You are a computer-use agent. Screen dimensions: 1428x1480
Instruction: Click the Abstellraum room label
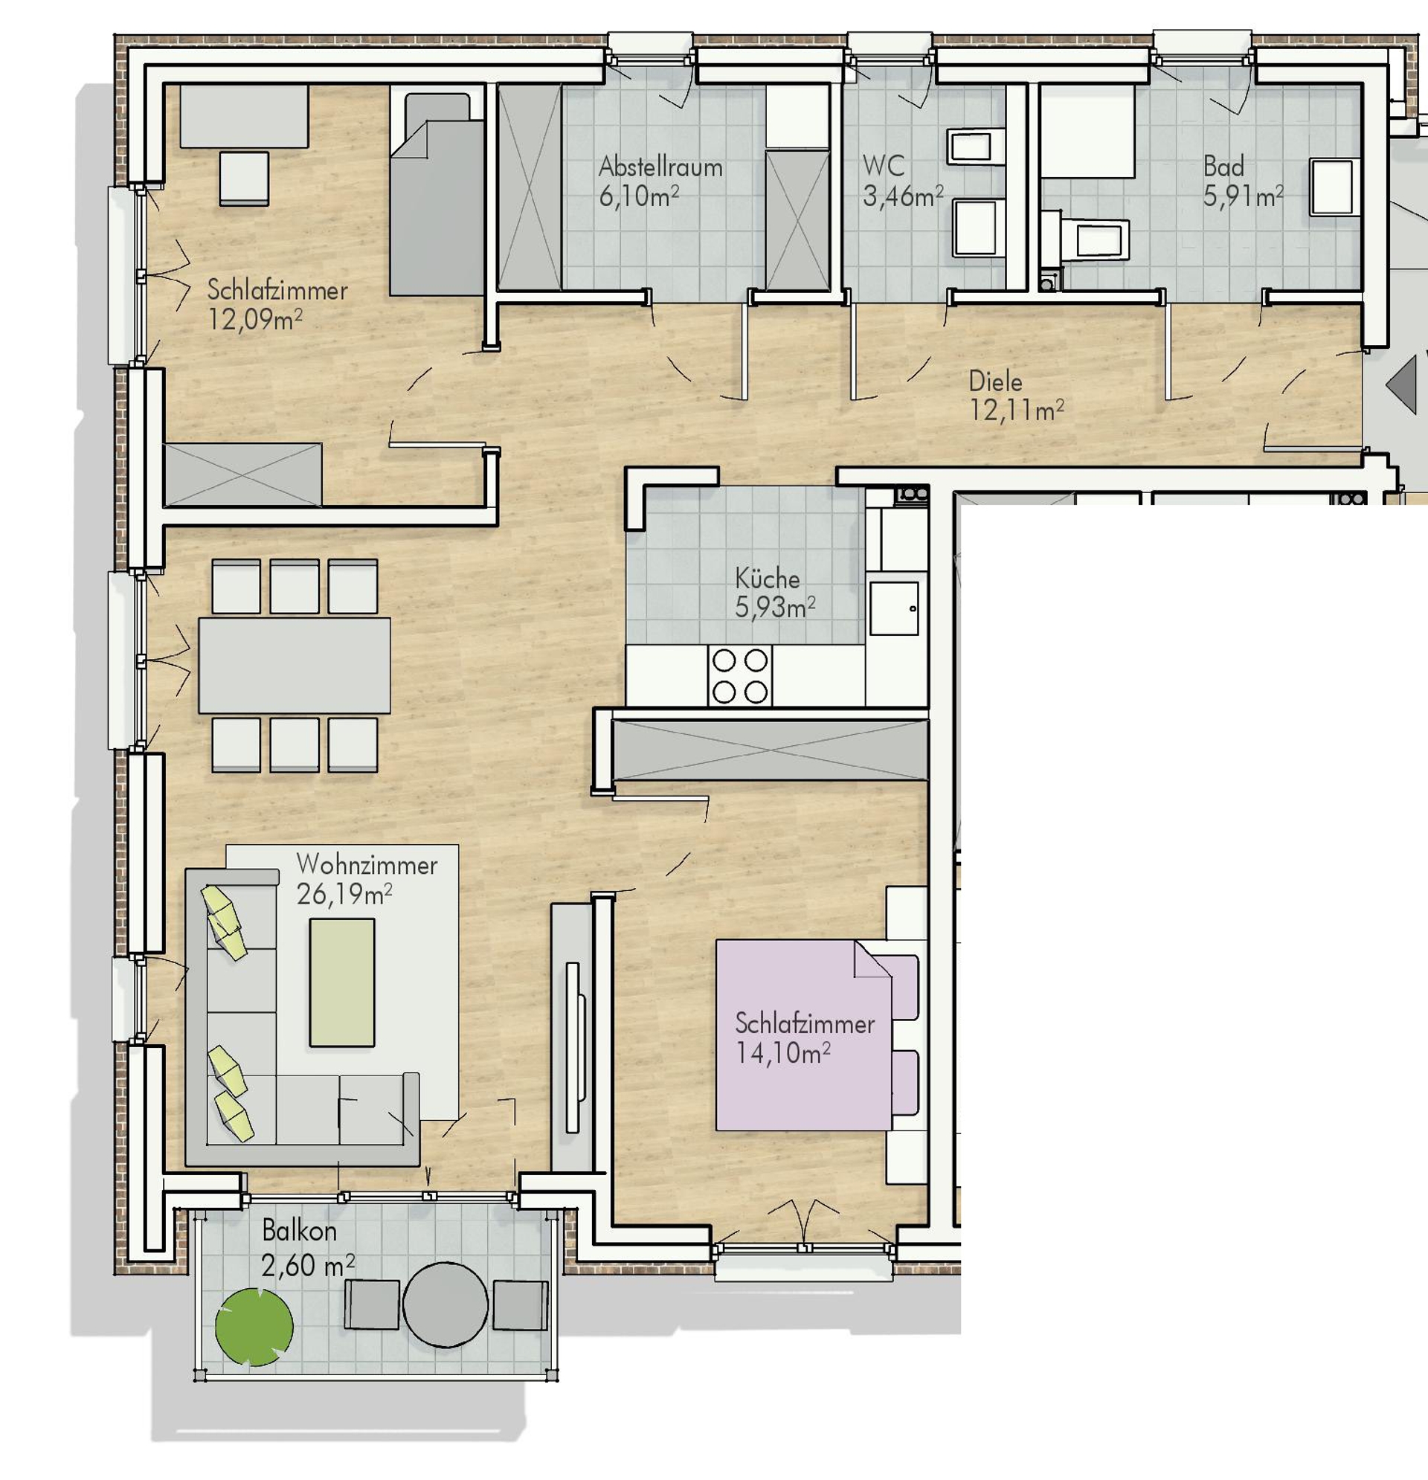660,167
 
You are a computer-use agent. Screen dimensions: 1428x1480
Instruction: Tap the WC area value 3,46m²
903,196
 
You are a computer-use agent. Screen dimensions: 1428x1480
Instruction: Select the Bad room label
1223,166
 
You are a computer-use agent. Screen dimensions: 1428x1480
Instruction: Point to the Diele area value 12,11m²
1017,411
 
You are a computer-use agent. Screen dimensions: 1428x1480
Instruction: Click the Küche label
768,579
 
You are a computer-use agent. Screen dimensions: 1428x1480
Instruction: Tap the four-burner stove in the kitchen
740,676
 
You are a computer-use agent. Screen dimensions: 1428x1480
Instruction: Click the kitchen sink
894,608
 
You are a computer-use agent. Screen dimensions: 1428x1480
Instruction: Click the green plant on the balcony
254,1327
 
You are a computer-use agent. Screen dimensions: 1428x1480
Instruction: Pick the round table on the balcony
446,1304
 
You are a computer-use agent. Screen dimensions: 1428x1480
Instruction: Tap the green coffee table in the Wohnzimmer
342,982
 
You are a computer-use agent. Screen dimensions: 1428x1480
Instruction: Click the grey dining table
295,665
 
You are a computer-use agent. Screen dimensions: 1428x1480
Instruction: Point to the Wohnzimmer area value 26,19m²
344,895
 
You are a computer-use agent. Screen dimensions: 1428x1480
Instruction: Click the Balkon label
299,1231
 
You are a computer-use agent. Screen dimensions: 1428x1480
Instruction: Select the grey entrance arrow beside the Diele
1401,385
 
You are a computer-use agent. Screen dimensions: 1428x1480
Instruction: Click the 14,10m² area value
783,1053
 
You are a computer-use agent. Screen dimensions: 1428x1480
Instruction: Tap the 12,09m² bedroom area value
255,319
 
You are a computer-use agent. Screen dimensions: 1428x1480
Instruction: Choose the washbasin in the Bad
1335,187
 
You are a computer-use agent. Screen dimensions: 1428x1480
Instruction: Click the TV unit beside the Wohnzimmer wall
572,1037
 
